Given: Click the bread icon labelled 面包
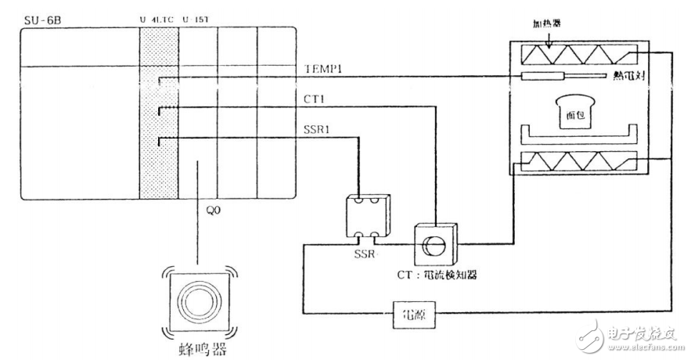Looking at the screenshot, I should (575, 112).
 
